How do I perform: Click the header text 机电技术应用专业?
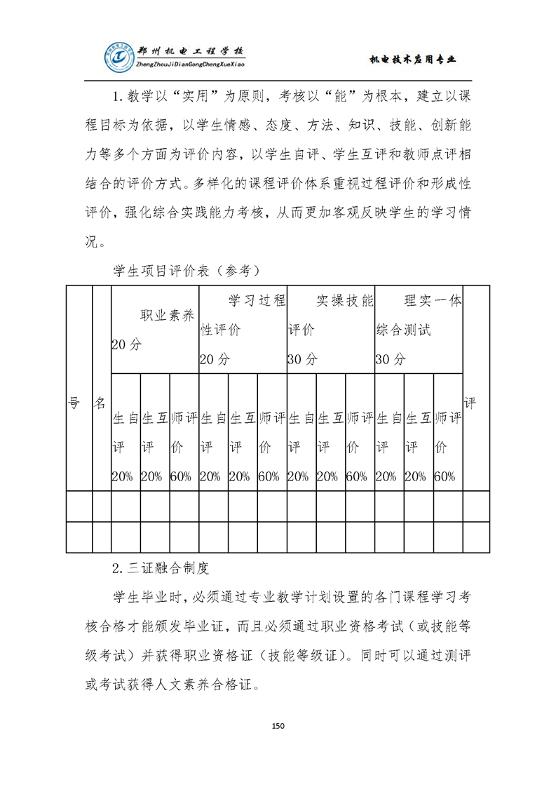[412, 60]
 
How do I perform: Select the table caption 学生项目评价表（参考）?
[187, 269]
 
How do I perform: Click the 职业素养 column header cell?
[154, 330]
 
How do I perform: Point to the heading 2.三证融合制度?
[161, 565]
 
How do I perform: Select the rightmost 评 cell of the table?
[476, 403]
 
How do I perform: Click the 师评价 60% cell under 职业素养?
[184, 447]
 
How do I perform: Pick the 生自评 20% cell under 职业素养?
[126, 447]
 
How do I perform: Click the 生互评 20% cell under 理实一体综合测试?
[418, 447]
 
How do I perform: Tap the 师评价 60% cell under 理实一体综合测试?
[447, 447]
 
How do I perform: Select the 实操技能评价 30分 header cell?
[330, 330]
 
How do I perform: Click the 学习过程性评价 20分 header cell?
[242, 330]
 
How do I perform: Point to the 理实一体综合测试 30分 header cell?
[418, 330]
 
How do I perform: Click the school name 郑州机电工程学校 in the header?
[189, 53]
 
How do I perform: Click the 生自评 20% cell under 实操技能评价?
[301, 447]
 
